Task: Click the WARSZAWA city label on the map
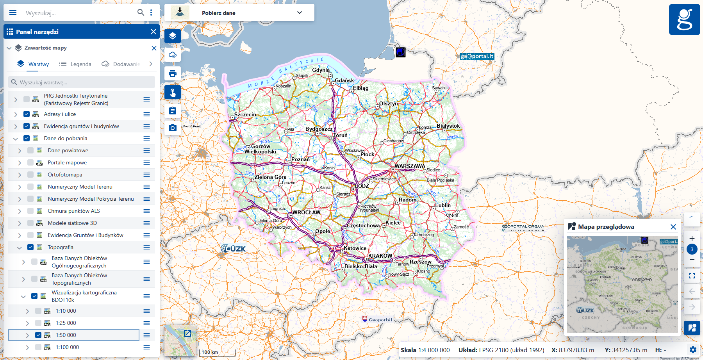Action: point(410,166)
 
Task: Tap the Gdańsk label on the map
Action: point(344,80)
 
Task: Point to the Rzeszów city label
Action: point(420,262)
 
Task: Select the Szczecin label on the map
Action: point(245,114)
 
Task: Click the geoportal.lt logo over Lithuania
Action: point(477,56)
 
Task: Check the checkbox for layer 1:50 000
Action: point(38,335)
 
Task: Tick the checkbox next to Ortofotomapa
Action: point(30,175)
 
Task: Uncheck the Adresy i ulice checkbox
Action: point(27,114)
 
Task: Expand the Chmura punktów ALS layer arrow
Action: point(20,211)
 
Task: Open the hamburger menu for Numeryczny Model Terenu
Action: point(146,187)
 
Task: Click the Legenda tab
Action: point(75,64)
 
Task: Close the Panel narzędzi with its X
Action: point(153,32)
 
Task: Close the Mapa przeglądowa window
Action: point(673,227)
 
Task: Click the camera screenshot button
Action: point(173,128)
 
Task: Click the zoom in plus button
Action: point(692,239)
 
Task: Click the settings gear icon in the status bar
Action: point(693,350)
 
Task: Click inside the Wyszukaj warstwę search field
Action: point(82,82)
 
